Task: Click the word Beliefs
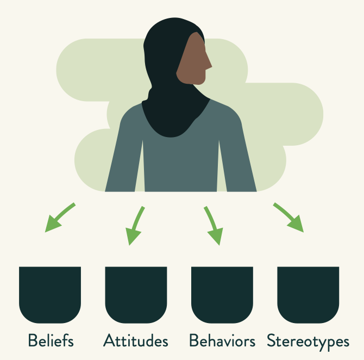click(51, 341)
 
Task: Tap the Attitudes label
click(136, 341)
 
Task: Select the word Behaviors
click(222, 341)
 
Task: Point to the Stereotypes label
click(308, 342)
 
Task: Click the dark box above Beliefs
click(50, 294)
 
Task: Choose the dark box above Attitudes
click(136, 294)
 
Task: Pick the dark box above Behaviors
click(222, 294)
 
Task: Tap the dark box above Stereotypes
click(308, 294)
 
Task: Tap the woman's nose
click(209, 66)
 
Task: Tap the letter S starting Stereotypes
click(272, 342)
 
